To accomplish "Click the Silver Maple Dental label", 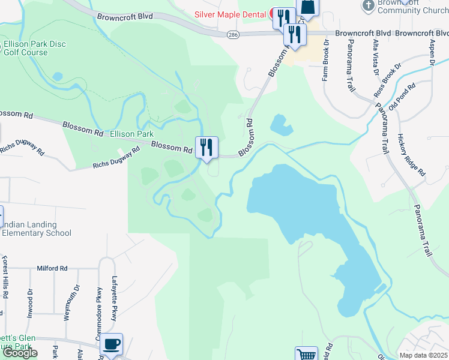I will click(x=230, y=14).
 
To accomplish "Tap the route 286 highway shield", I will click(x=232, y=36).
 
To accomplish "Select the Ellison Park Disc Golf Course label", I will click(x=34, y=48).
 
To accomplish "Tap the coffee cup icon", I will click(x=111, y=344).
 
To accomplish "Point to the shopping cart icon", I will click(x=306, y=354).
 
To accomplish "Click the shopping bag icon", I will click(x=308, y=7).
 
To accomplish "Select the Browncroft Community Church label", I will click(x=406, y=7).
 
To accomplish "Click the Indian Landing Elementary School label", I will click(x=36, y=229).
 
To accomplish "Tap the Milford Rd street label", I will click(x=53, y=269).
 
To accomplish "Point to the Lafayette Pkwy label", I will click(x=115, y=299).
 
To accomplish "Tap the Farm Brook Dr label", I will click(x=326, y=61).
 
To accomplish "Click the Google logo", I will click(x=19, y=353).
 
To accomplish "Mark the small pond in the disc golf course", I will click(x=58, y=76).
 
